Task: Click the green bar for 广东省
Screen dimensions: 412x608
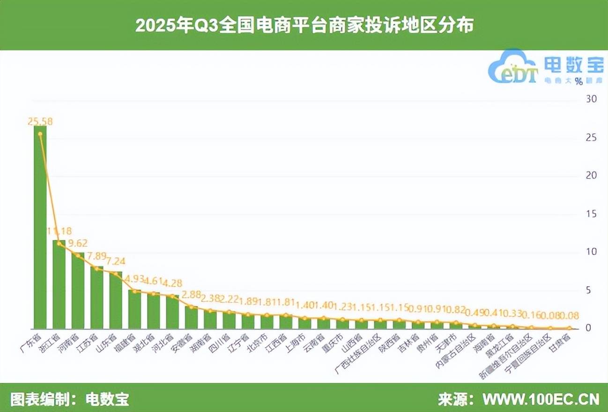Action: [40, 227]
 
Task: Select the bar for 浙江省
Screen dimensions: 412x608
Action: [59, 284]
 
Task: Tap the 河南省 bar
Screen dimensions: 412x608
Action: [78, 290]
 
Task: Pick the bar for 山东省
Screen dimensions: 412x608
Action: [116, 300]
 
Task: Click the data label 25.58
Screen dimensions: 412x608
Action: [40, 122]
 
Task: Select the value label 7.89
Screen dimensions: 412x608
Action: [97, 256]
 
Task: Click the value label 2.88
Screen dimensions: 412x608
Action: [191, 295]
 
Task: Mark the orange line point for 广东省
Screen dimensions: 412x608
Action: [40, 134]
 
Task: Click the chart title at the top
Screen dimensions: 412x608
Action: [304, 25]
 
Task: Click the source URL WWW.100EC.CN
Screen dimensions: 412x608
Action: [541, 399]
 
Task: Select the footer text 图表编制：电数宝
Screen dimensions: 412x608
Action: [69, 399]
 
